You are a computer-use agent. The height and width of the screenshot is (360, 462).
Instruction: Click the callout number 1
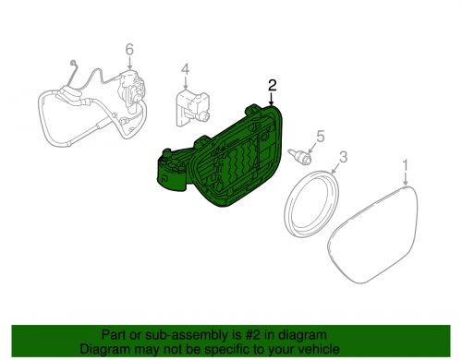404,164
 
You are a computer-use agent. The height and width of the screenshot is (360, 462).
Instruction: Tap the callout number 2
273,85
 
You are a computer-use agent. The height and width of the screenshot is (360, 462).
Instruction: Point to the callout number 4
185,69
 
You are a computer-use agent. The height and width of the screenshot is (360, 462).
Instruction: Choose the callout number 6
129,49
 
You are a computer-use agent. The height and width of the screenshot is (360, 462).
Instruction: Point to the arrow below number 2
273,99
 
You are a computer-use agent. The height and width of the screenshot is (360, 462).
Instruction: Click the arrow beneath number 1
404,179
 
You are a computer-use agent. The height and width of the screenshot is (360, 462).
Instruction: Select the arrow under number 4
185,81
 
